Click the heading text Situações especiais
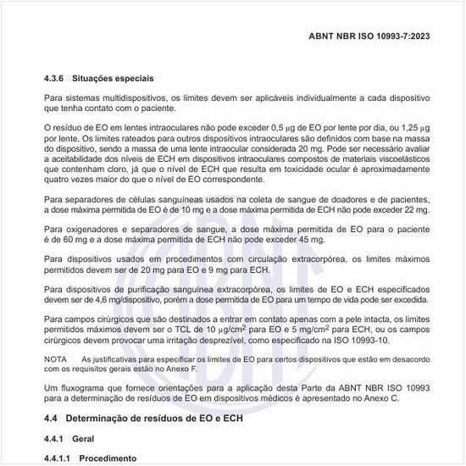coord(116,77)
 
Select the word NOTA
coord(55,360)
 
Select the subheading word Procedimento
coord(108,458)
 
